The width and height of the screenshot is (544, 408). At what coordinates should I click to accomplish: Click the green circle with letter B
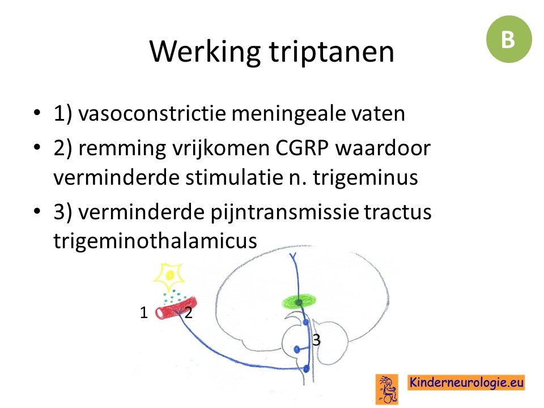click(509, 39)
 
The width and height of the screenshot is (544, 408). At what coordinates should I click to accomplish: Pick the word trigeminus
click(365, 178)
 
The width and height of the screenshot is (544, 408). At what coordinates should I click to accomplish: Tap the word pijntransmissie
click(284, 212)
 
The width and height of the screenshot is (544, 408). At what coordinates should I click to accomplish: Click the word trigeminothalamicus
click(155, 240)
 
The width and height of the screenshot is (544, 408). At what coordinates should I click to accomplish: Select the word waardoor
click(382, 148)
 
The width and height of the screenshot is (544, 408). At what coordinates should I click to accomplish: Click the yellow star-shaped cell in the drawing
click(169, 277)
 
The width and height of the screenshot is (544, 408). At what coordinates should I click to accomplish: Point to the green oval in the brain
click(299, 301)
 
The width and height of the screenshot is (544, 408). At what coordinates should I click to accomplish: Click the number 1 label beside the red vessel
click(143, 313)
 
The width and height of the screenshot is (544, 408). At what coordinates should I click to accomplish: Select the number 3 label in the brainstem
click(316, 340)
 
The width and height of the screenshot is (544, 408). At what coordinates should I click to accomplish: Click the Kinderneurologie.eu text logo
click(466, 382)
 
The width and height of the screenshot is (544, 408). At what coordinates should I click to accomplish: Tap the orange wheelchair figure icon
click(387, 389)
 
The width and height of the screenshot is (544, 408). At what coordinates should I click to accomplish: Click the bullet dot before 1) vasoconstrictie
click(37, 113)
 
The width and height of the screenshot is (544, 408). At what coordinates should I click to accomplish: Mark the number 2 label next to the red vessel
click(188, 313)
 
